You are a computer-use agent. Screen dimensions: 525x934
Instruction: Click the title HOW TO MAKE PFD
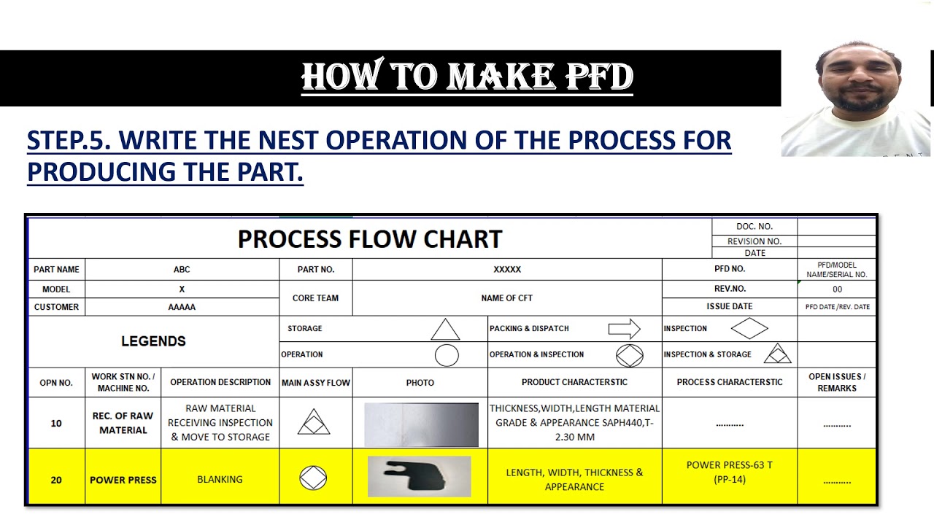point(467,77)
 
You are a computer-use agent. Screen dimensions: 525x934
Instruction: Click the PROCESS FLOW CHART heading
point(370,239)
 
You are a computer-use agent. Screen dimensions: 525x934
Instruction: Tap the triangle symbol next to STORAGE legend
point(445,330)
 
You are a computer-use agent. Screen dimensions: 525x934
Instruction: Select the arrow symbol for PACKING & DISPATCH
point(624,329)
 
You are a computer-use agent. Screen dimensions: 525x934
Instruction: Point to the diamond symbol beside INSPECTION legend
point(749,329)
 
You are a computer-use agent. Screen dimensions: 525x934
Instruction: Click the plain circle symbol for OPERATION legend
point(447,355)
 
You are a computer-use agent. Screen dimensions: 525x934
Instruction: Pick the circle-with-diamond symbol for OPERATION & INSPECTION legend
point(629,355)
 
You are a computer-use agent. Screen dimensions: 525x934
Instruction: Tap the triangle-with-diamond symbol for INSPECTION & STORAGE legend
point(777,354)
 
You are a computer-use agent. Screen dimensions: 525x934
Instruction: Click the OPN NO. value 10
point(56,423)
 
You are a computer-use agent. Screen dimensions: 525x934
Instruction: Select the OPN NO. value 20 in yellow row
point(56,480)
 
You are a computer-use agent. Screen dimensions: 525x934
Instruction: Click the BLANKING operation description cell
point(220,479)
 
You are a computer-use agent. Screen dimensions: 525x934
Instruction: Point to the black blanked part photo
point(419,477)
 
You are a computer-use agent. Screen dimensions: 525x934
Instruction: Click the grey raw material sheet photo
point(421,424)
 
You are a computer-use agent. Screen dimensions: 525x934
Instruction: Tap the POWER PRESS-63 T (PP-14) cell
point(729,472)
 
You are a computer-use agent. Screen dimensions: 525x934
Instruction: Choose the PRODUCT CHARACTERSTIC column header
point(574,382)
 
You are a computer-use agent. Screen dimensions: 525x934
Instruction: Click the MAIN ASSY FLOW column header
point(316,382)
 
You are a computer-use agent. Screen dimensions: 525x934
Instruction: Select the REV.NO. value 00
point(837,289)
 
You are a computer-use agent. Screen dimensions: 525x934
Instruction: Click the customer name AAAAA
point(182,307)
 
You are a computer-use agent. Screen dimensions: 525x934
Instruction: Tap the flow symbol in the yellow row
point(313,478)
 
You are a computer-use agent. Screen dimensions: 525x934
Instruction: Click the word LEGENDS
point(153,341)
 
